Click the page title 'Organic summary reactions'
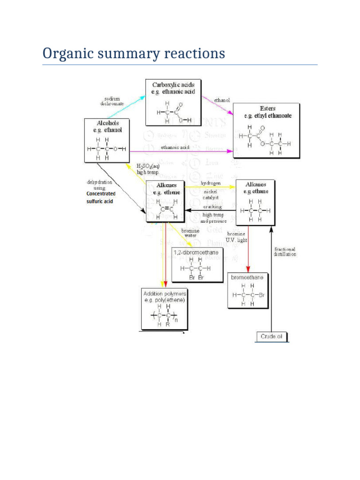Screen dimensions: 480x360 pyautogui.click(x=134, y=53)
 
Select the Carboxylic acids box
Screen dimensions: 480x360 pyautogui.click(x=173, y=102)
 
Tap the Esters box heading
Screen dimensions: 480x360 pyautogui.click(x=266, y=112)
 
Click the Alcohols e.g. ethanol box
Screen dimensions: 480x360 pyautogui.click(x=106, y=140)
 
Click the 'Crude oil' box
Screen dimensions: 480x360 pyautogui.click(x=271, y=337)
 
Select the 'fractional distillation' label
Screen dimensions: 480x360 pyautogui.click(x=285, y=252)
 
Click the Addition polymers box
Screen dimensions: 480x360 pyautogui.click(x=163, y=309)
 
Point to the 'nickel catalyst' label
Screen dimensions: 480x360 pyautogui.click(x=210, y=195)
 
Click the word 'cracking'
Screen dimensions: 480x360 pyautogui.click(x=212, y=207)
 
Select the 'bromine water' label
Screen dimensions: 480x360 pyautogui.click(x=190, y=233)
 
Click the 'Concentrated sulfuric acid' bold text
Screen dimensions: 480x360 pyautogui.click(x=101, y=197)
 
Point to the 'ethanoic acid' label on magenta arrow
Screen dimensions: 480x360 pyautogui.click(x=175, y=147)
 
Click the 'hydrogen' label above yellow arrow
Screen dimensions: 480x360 pyautogui.click(x=210, y=183)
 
